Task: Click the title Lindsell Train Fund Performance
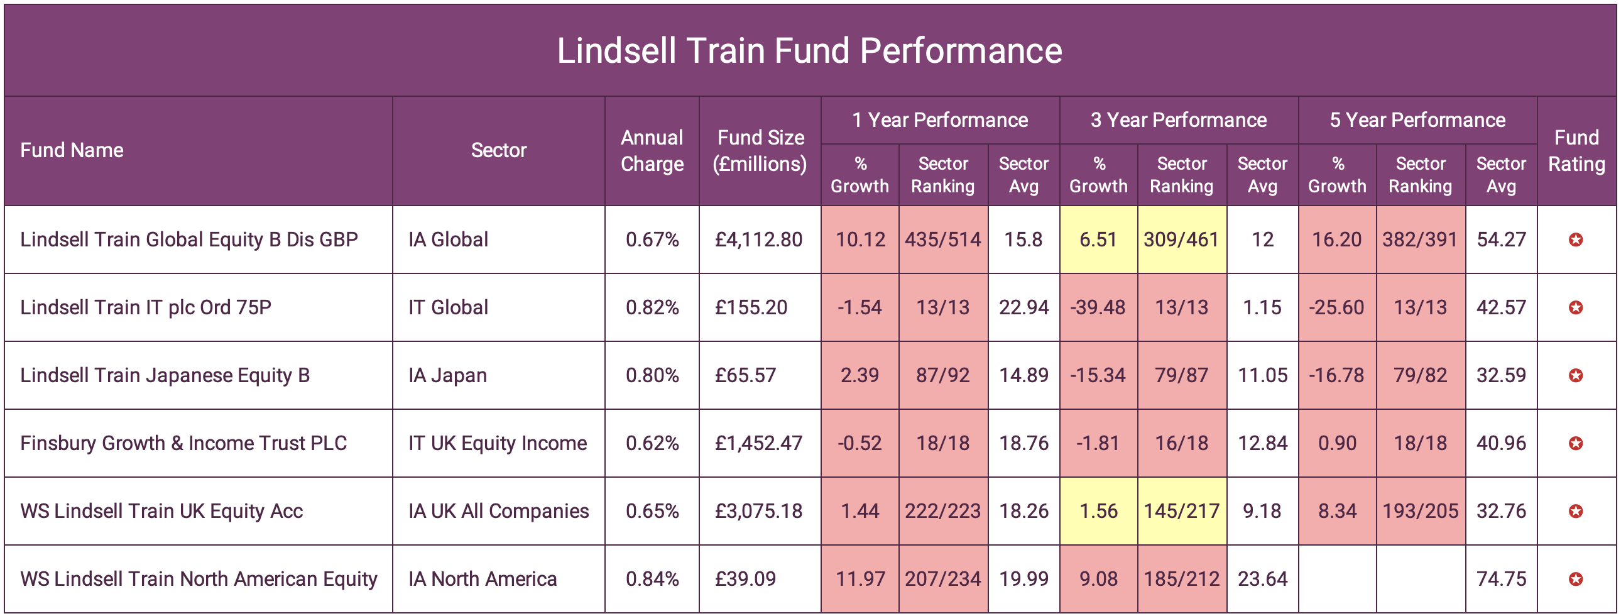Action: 809,50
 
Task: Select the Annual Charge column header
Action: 652,150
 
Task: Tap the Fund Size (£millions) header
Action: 760,150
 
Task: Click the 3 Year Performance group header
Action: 1178,119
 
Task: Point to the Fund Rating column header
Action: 1576,150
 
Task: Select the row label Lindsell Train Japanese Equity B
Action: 165,375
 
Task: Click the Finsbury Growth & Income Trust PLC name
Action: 183,443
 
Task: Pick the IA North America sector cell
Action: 482,579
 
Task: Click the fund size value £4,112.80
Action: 758,239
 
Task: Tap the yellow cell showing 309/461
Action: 1181,239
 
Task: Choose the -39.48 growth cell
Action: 1098,307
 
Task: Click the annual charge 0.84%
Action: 652,579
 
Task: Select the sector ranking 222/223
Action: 942,511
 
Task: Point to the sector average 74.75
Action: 1501,579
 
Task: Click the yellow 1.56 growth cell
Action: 1098,511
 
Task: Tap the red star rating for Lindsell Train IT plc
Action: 1575,307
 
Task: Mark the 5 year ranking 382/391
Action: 1420,239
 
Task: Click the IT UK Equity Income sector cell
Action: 497,443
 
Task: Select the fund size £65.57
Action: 745,375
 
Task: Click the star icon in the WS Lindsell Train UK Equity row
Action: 1575,511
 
